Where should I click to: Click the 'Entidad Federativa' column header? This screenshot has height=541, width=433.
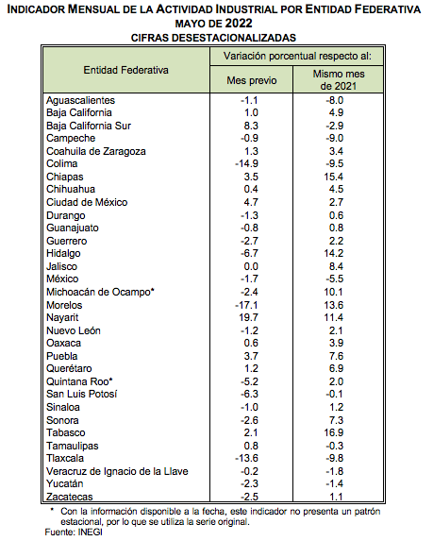(125, 70)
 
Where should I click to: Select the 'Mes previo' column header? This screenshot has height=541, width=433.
(251, 80)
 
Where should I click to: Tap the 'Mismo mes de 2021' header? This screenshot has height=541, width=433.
(339, 79)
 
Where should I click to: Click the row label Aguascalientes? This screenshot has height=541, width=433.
(81, 100)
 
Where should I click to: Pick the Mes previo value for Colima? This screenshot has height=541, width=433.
(246, 163)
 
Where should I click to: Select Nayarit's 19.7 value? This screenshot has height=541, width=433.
(248, 317)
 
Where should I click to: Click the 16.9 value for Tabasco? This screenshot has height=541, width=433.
(334, 432)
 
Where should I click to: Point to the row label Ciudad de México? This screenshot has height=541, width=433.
(87, 202)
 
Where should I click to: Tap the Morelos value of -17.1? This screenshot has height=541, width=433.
(246, 305)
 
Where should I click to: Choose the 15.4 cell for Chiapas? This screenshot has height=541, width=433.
(334, 177)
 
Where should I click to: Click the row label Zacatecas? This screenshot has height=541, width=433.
(70, 497)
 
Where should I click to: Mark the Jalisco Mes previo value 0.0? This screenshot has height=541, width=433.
(251, 266)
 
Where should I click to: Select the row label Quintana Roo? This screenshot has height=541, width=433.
(79, 381)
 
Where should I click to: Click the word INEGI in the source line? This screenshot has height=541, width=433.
(90, 532)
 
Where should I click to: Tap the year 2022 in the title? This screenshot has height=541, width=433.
(239, 24)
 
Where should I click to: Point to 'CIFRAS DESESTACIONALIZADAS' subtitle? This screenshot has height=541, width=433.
(213, 38)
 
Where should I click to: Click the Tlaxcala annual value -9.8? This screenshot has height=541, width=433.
(335, 458)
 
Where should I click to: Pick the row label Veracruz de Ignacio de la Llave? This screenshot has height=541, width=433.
(117, 471)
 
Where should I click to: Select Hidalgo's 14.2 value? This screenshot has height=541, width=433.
(334, 253)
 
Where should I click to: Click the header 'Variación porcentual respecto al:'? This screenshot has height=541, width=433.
(297, 56)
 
